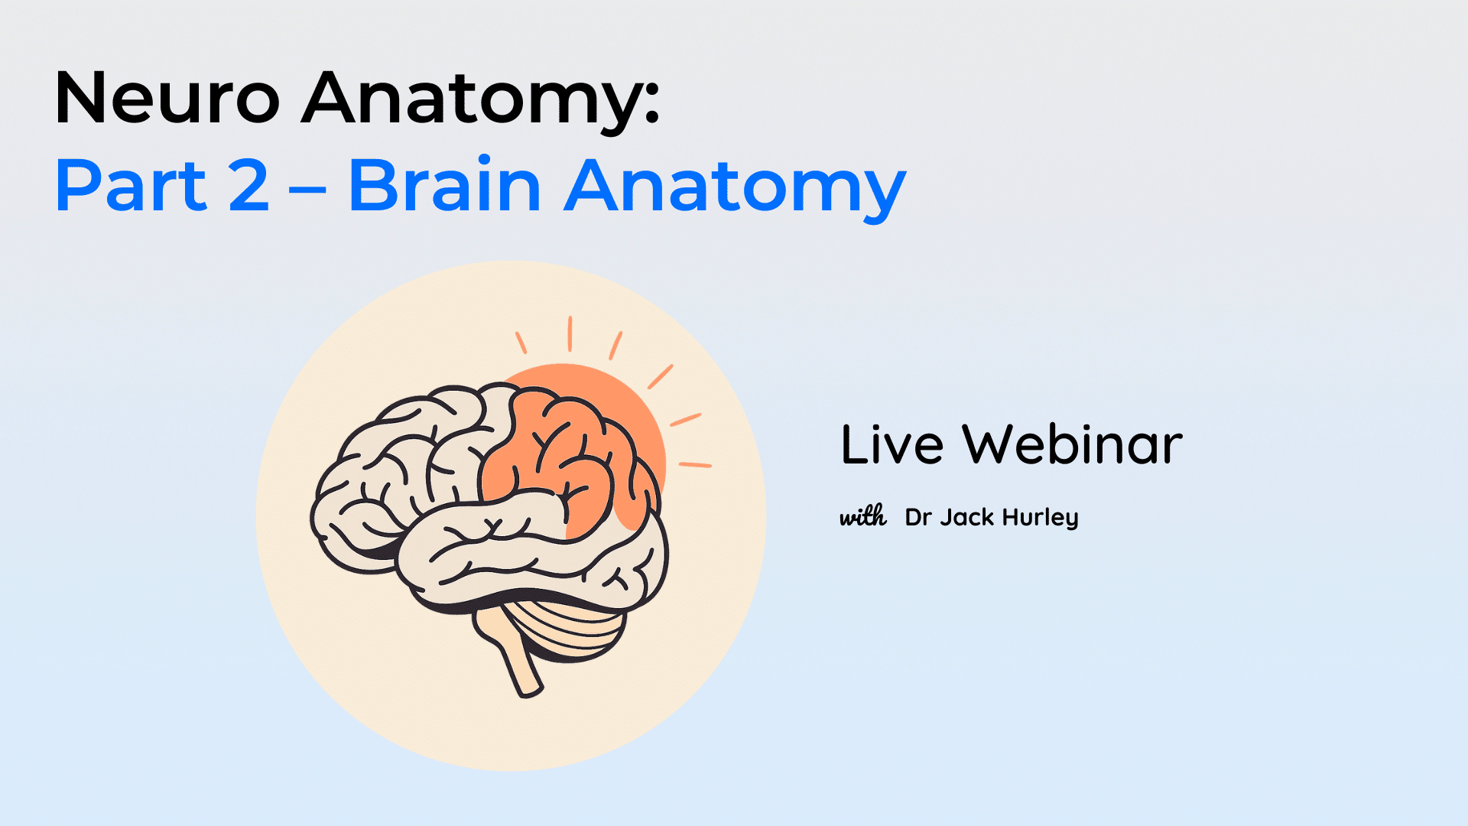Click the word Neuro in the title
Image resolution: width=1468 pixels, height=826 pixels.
coord(167,97)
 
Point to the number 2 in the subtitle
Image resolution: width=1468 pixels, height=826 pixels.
coord(248,184)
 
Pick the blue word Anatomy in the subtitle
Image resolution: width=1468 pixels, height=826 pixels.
coord(735,190)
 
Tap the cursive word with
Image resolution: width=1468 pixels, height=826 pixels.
coord(863,516)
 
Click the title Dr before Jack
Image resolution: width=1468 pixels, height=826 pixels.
coord(917,517)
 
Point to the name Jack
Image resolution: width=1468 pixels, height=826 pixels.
coord(966,517)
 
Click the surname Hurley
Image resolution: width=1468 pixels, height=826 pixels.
coord(1040,518)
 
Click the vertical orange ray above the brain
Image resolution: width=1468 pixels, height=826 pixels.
coord(570,334)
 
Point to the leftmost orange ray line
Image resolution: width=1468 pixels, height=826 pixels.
coord(521,343)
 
